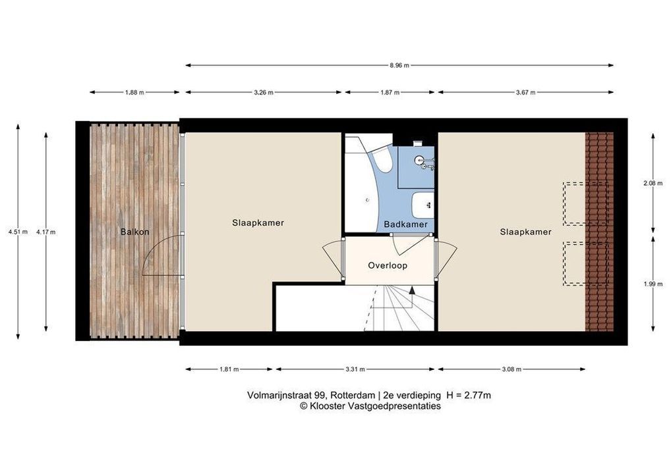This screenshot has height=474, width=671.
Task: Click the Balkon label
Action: click(x=135, y=232)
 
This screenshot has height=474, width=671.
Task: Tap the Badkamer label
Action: click(x=405, y=224)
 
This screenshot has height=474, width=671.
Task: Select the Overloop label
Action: click(x=388, y=265)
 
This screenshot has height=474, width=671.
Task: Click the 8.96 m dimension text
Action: click(x=399, y=65)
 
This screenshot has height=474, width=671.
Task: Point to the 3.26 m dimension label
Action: click(x=264, y=92)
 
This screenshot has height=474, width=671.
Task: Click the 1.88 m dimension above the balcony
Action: click(x=134, y=92)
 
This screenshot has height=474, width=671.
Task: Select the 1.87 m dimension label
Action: click(x=390, y=92)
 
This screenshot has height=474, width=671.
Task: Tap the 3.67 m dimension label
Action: click(x=526, y=92)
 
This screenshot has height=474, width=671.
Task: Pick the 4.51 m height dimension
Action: click(x=18, y=232)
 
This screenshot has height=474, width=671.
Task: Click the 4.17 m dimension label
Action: click(x=45, y=232)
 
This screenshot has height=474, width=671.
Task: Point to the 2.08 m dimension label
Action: click(x=653, y=184)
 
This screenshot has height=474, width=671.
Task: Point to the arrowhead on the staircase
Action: click(x=412, y=290)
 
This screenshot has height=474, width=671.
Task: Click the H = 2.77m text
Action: click(x=469, y=396)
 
